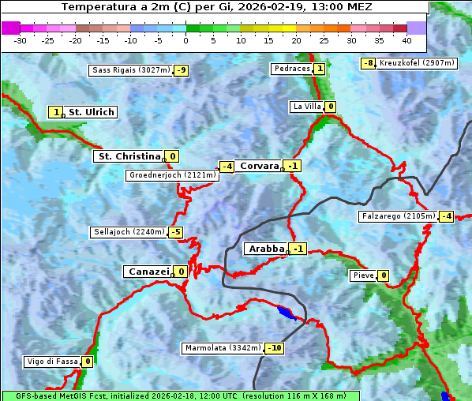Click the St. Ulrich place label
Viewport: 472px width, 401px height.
pyautogui.click(x=91, y=112)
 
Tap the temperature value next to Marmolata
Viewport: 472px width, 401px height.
pyautogui.click(x=275, y=348)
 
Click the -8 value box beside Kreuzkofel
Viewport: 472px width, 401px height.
pyautogui.click(x=368, y=63)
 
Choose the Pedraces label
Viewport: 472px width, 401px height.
pyautogui.click(x=291, y=69)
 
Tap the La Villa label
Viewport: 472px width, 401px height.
pyautogui.click(x=306, y=107)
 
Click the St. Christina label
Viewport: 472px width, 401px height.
pyautogui.click(x=128, y=156)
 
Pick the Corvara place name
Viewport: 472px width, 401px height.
pyautogui.click(x=259, y=166)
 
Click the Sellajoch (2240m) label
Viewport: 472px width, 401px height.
pyautogui.click(x=129, y=232)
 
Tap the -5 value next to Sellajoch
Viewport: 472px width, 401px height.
pyautogui.click(x=175, y=232)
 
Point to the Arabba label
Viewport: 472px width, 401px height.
pyautogui.click(x=265, y=249)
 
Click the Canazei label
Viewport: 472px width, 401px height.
pyautogui.click(x=148, y=272)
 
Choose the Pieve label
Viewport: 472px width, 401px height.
pyautogui.click(x=363, y=275)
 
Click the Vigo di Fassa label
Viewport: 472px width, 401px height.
pyautogui.click(x=53, y=362)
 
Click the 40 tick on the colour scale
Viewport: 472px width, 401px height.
pyautogui.click(x=406, y=40)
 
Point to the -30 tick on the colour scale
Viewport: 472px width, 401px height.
pyautogui.click(x=21, y=40)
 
